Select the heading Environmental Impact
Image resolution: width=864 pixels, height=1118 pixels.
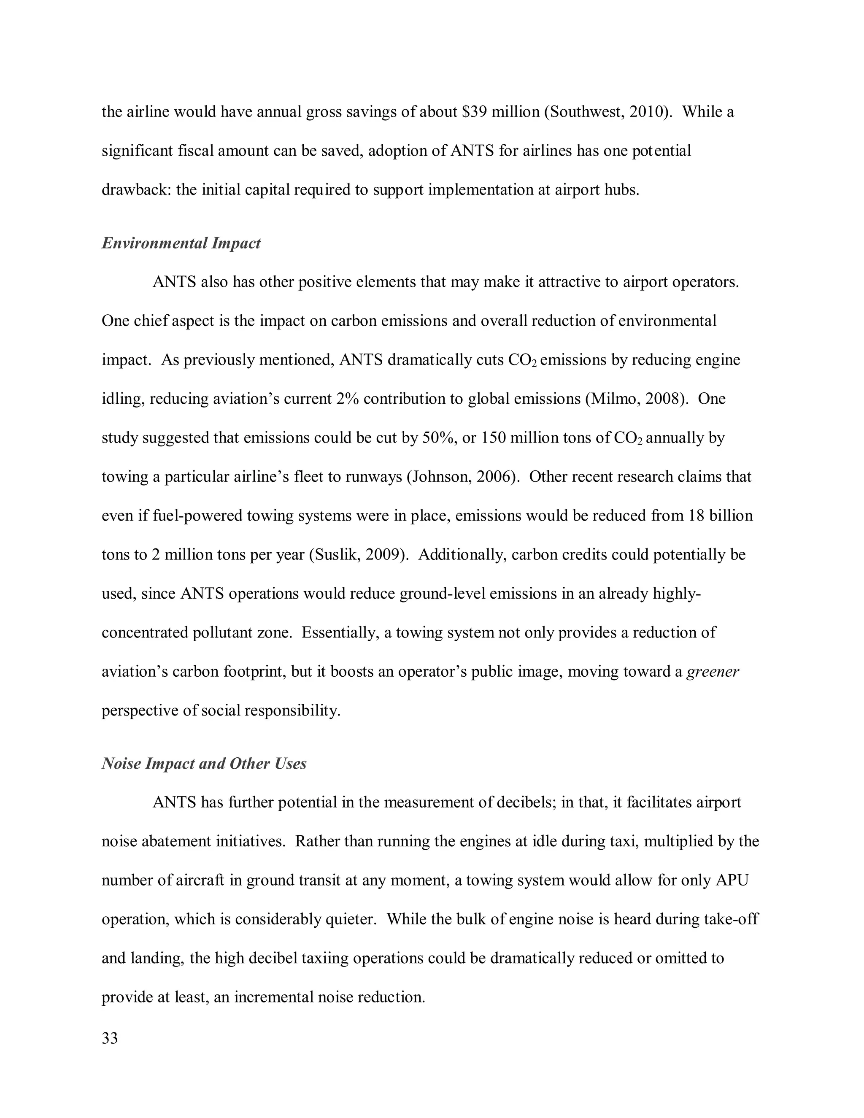pyautogui.click(x=181, y=243)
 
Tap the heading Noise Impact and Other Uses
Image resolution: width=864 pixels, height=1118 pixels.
pyautogui.click(x=204, y=763)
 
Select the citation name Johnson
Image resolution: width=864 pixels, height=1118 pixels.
pyautogui.click(x=440, y=477)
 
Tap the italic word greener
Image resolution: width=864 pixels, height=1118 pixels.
pyautogui.click(x=713, y=672)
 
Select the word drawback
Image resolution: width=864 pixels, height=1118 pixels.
pyautogui.click(x=136, y=190)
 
